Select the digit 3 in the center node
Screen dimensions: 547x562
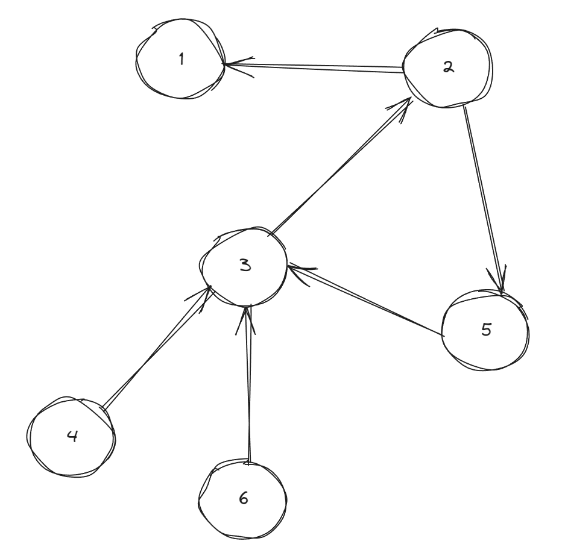(245, 265)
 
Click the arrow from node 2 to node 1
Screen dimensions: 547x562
(314, 67)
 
